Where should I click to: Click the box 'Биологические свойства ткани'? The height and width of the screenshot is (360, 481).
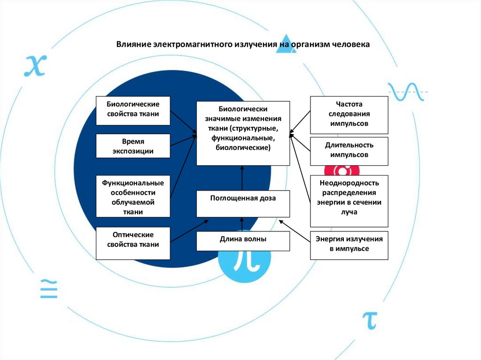coord(133,111)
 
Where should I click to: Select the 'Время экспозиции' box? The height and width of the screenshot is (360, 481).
coord(133,146)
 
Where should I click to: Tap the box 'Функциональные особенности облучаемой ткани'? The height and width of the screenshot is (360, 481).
coord(133,196)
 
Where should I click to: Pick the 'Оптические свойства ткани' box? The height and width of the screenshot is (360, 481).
coord(133,243)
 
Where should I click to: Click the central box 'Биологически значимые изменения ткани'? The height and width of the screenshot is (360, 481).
coord(243,133)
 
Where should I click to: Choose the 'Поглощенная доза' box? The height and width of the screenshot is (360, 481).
coord(243,203)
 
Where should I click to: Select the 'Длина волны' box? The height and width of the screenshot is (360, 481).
coord(243,241)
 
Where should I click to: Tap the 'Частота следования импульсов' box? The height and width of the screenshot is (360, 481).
coord(349,115)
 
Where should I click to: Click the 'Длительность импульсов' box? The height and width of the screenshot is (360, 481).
coord(349,151)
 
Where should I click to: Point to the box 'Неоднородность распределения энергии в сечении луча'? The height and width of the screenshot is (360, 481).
coord(349,200)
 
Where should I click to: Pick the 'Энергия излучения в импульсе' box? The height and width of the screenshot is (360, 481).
coord(349,245)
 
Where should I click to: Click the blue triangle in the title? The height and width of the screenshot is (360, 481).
coord(286,46)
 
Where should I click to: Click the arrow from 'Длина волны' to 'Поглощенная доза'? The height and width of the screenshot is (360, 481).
coord(243,224)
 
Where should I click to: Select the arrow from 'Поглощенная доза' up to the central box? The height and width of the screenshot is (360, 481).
coord(243,178)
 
